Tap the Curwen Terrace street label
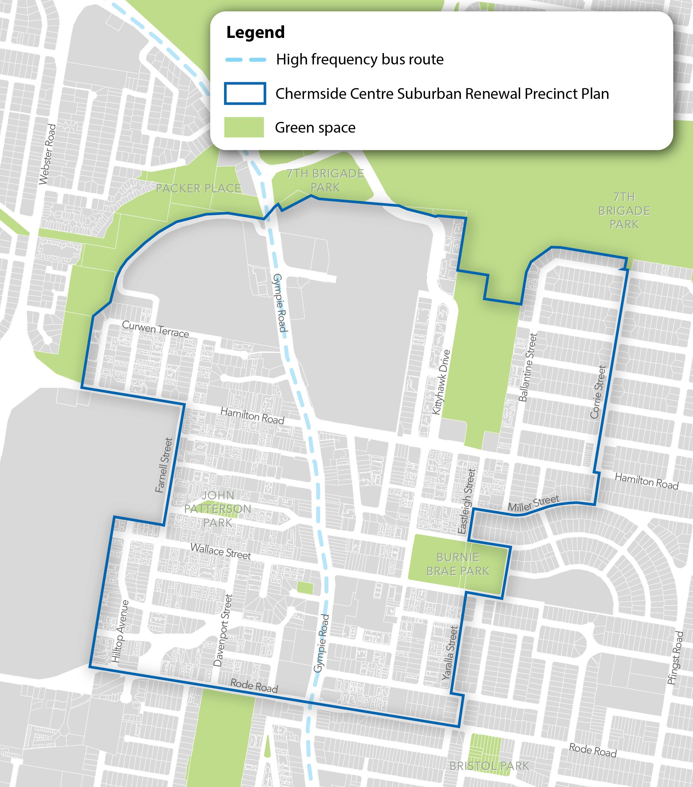click(x=155, y=329)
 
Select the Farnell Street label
click(x=163, y=465)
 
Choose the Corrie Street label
click(x=598, y=392)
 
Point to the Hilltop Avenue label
click(x=120, y=631)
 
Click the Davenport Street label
click(x=223, y=630)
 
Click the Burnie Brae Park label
click(x=458, y=564)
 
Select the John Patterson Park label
click(x=218, y=509)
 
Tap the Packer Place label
click(x=198, y=188)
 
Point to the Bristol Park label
click(x=489, y=766)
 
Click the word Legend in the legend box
click(x=255, y=32)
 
